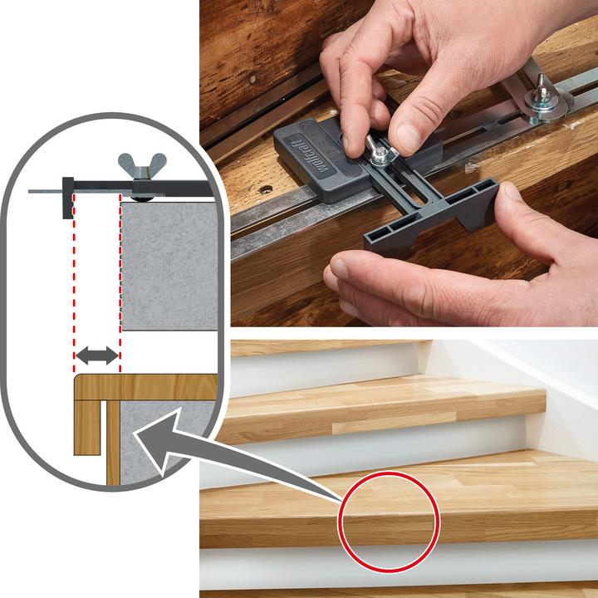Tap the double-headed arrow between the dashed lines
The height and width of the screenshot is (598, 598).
[x=97, y=355]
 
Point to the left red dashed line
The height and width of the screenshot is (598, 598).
[x=74, y=274]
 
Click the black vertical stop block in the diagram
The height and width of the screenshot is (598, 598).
[x=66, y=197]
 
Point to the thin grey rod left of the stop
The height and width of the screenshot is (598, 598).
[x=45, y=192]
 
